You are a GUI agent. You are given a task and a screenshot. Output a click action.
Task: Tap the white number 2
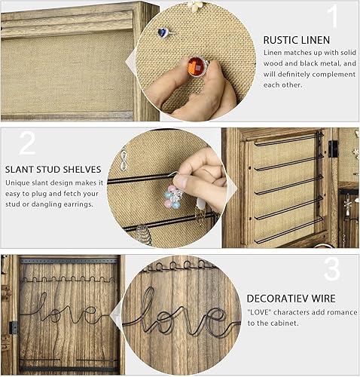27,143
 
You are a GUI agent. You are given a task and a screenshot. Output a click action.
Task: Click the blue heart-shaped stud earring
163,32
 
